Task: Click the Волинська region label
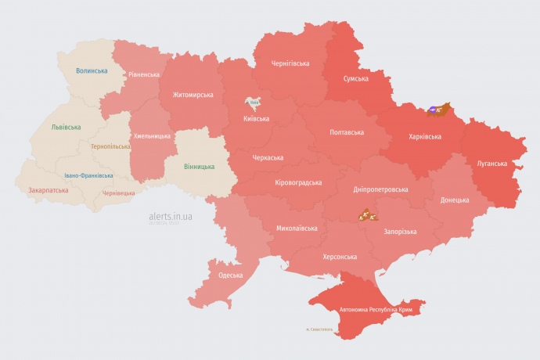tap(92, 70)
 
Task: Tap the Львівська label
tap(65, 126)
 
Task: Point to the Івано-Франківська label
tap(88, 175)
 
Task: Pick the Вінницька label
tap(200, 167)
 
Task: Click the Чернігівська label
tap(290, 63)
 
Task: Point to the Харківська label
tap(425, 136)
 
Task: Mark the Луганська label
tap(492, 164)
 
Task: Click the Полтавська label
tap(347, 131)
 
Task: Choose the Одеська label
tap(230, 275)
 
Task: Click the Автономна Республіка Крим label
tap(376, 310)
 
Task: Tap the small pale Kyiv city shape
tap(253, 103)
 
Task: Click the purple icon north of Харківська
tap(434, 110)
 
